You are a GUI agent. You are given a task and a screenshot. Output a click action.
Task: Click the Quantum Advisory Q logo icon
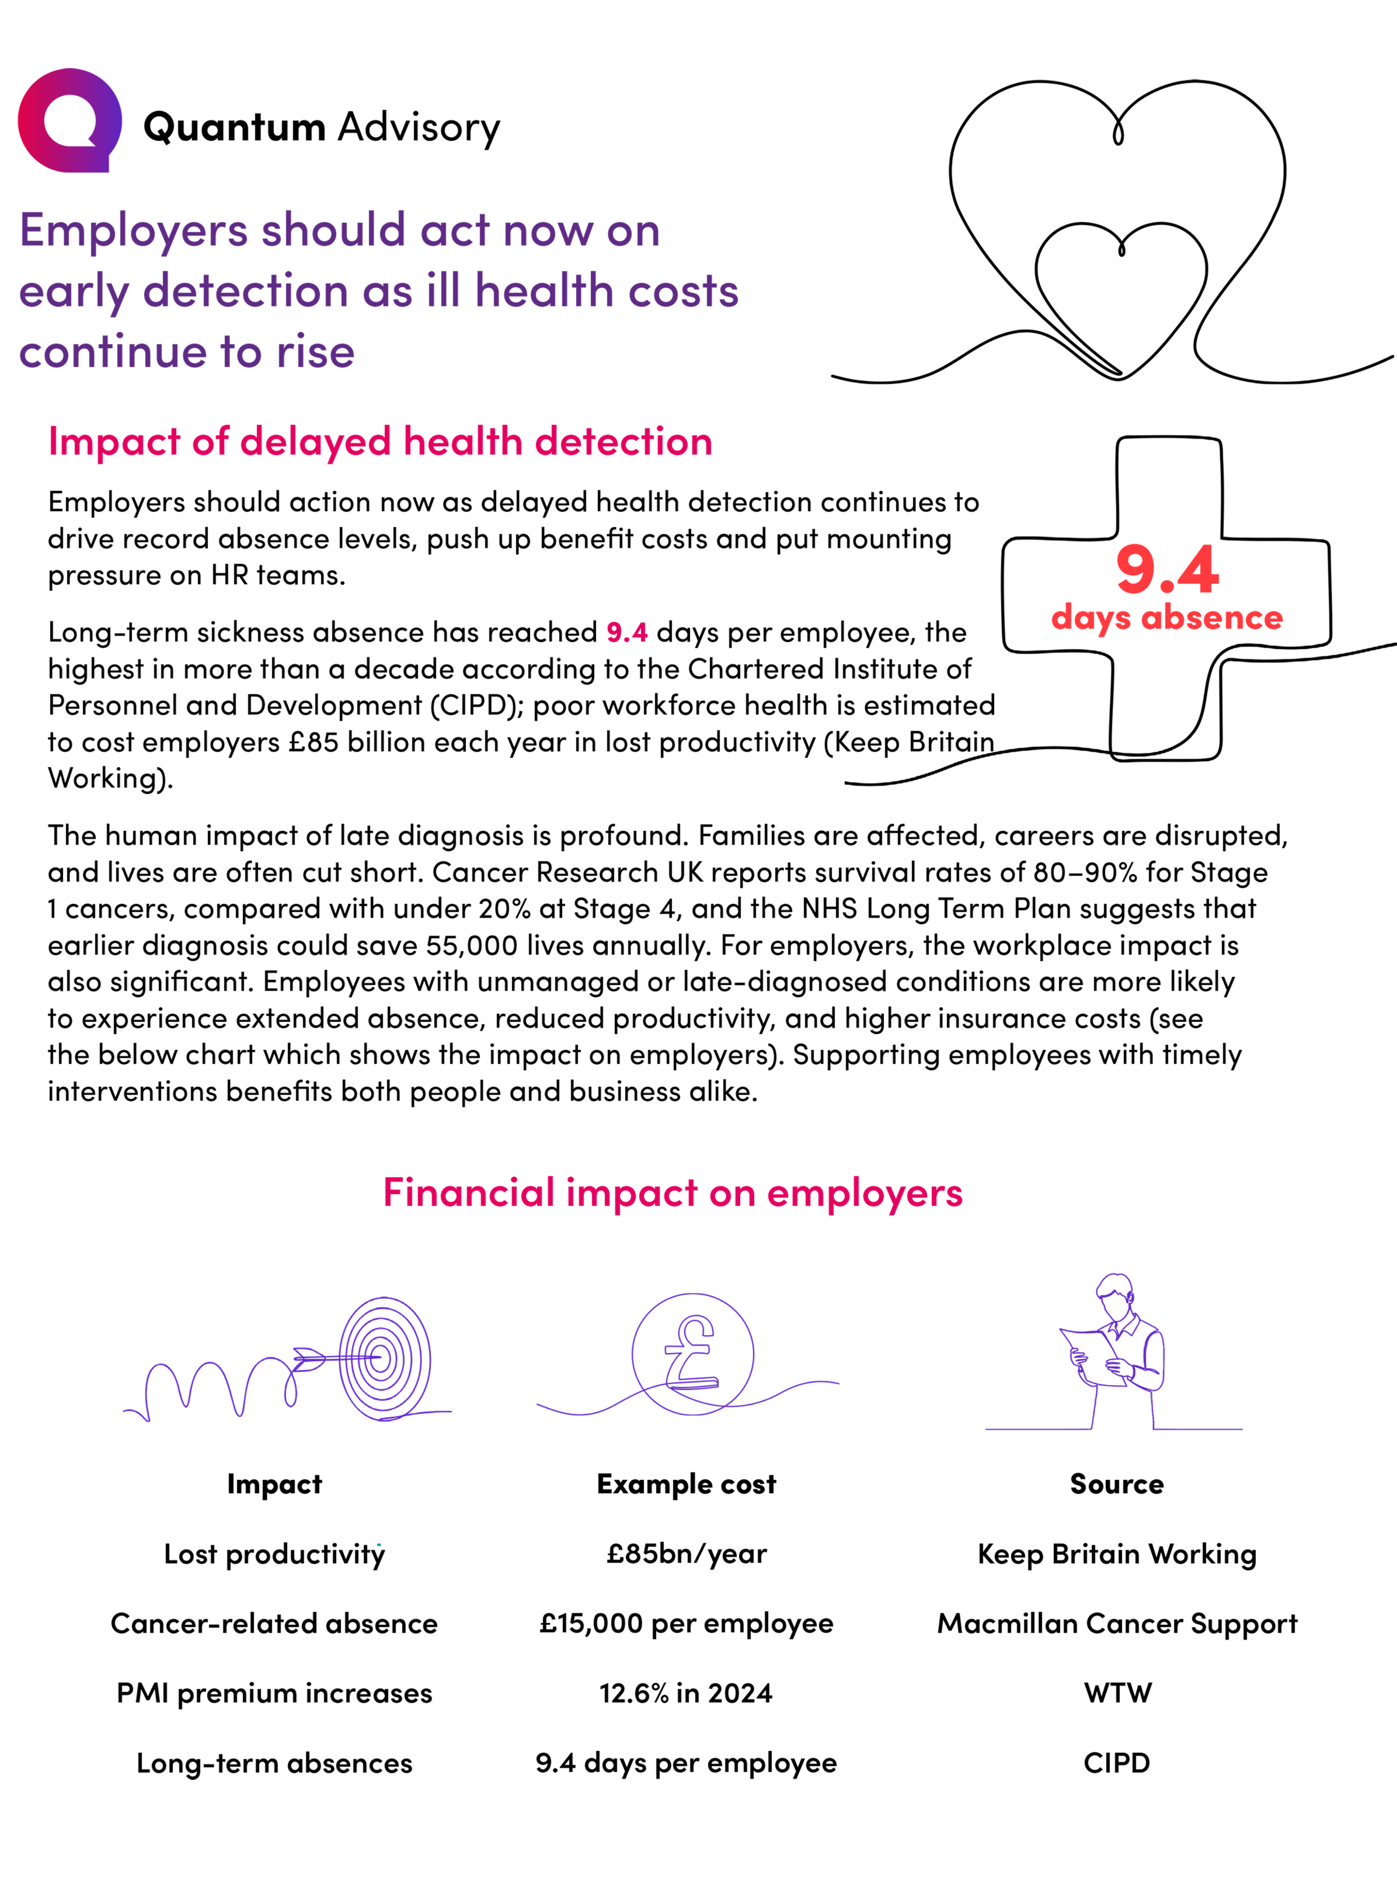click(69, 121)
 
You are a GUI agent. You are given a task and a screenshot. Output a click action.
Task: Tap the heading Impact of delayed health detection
click(380, 441)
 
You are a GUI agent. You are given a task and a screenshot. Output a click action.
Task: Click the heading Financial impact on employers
click(672, 1193)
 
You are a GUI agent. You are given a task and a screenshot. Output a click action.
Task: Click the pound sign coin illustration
click(692, 1353)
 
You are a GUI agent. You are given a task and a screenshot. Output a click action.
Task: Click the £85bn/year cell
click(686, 1554)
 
